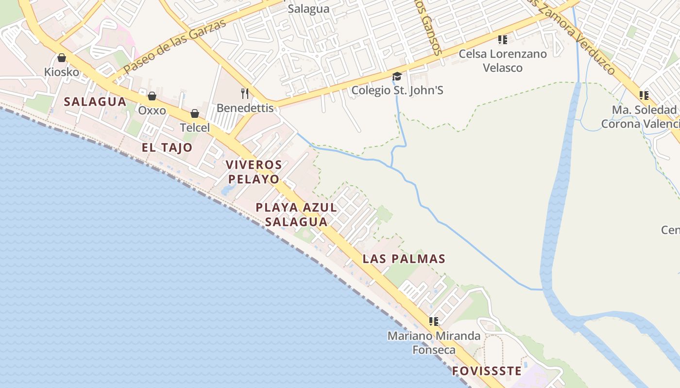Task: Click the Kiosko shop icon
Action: pos(62,58)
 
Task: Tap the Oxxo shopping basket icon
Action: pos(152,96)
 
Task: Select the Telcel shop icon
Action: pos(195,113)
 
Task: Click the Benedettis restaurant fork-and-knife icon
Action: pos(245,93)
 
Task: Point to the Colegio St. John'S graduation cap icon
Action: pos(397,76)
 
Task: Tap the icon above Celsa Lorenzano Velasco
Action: pos(503,39)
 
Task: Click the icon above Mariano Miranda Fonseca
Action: pos(434,321)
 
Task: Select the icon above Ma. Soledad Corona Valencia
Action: pos(644,95)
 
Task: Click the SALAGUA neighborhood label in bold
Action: pos(95,102)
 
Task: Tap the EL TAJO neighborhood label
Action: pos(167,147)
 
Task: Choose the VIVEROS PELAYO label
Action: pos(254,172)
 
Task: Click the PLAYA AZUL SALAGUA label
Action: pos(296,214)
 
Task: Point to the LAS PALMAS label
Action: pos(404,259)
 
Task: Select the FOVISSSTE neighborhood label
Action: pos(487,372)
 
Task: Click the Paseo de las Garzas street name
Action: pos(175,47)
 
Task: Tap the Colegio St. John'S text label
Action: pos(397,90)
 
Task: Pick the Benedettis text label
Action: pos(245,108)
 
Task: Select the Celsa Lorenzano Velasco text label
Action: pos(503,61)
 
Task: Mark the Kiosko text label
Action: pos(62,72)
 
